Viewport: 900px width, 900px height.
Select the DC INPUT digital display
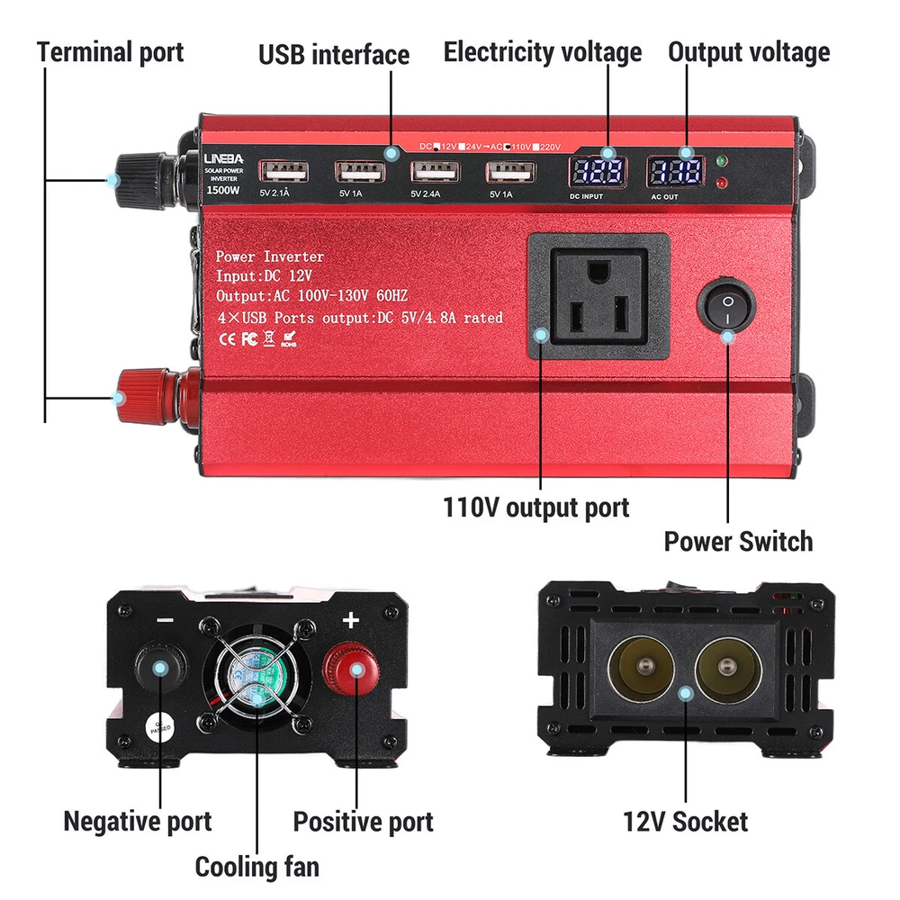click(x=597, y=173)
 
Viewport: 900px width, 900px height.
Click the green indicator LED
click(x=722, y=163)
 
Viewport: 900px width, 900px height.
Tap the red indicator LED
click(x=722, y=184)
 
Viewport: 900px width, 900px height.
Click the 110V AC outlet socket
click(x=598, y=296)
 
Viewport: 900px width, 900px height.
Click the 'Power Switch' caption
click(x=738, y=541)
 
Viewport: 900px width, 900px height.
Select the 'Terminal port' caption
click(x=110, y=51)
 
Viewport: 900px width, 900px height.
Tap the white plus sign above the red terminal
click(x=351, y=620)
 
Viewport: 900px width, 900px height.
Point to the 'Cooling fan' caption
click(x=256, y=867)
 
